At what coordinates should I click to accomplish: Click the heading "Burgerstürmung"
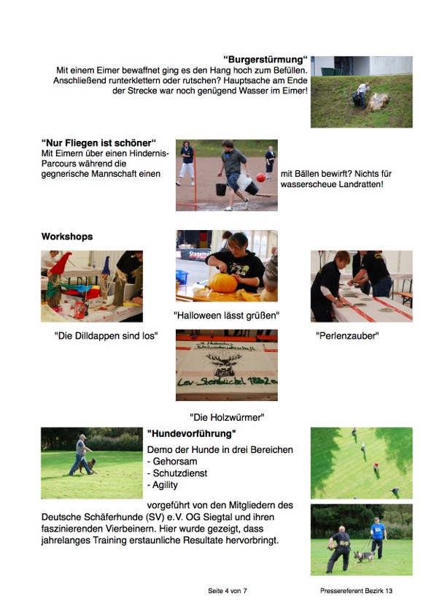tap(266, 60)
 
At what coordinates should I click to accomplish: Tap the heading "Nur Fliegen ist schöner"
tap(98, 142)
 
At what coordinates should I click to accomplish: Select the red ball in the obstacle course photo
tap(261, 177)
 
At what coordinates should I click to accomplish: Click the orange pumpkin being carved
tap(223, 283)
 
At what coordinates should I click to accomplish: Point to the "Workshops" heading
tap(67, 237)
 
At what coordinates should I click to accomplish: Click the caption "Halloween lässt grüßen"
tap(226, 316)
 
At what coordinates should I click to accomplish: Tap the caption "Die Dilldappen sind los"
tap(106, 336)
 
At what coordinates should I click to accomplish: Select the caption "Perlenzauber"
tap(347, 336)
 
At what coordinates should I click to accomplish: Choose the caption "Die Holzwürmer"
tap(227, 417)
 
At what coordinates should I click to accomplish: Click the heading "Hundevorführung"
tap(192, 433)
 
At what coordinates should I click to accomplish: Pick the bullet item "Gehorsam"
tap(172, 462)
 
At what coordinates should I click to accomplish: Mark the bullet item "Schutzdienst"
tap(177, 473)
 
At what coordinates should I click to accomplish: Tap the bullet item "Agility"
tap(163, 485)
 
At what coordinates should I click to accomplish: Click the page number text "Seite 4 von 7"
tap(228, 591)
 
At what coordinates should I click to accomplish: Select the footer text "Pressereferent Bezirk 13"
tap(356, 591)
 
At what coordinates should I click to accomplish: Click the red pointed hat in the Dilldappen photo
tap(61, 262)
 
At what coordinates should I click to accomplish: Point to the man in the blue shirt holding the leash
tap(377, 538)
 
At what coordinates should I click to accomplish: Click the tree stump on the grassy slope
tap(378, 102)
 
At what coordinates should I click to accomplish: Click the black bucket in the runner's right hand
tap(221, 189)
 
